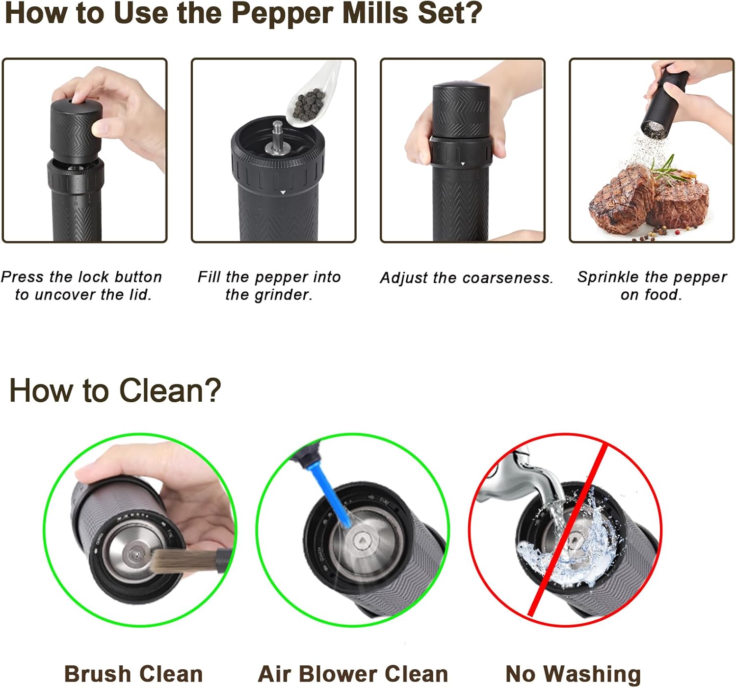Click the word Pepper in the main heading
point(283,14)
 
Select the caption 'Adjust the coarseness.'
point(466,278)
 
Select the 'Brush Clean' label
point(133,674)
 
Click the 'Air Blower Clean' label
point(353,674)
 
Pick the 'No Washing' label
point(573,674)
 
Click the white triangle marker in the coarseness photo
point(463,164)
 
